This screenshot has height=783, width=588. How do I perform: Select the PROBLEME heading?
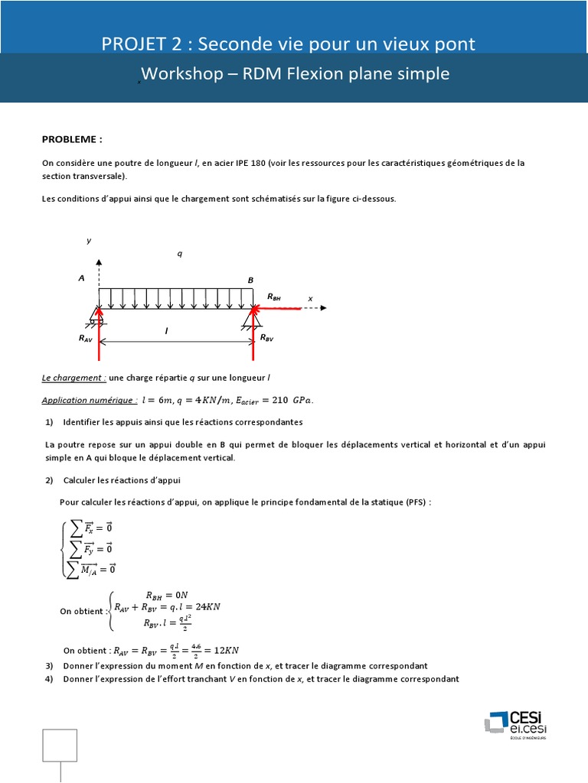(x=72, y=140)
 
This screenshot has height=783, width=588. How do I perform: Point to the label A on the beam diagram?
(x=81, y=279)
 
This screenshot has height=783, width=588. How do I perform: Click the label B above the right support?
(x=250, y=281)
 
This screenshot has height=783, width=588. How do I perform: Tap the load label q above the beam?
(x=179, y=254)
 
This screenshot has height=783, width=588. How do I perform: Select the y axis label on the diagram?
(x=89, y=240)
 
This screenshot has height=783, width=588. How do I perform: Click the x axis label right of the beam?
(x=310, y=299)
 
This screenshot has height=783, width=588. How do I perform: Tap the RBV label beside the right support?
(x=266, y=337)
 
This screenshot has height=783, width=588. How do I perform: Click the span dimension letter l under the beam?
(x=166, y=330)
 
